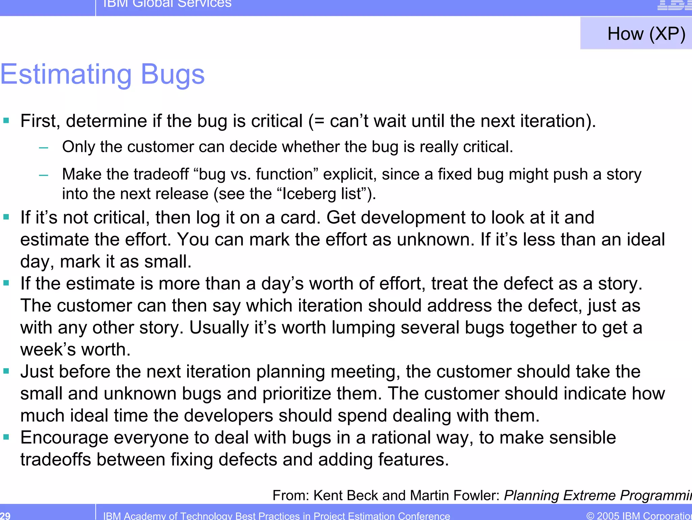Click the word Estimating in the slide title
[x=66, y=74]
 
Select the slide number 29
[x=5, y=516]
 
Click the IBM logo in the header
[x=674, y=5]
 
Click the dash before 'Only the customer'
[x=44, y=148]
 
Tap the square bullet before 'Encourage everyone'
[x=6, y=437]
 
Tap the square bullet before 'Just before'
[x=6, y=371]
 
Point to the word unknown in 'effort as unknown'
[x=436, y=240]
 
